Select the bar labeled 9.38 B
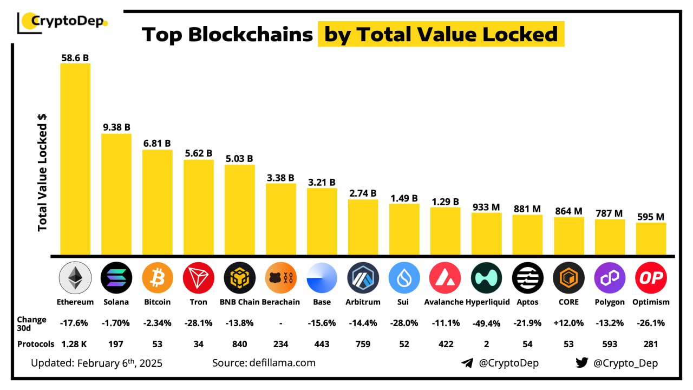(116, 194)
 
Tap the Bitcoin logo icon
(157, 277)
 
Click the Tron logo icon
(198, 277)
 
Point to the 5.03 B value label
(239, 159)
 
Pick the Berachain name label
(280, 302)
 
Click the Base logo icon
(322, 277)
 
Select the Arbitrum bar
(363, 227)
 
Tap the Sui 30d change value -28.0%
(404, 322)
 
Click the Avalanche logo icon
(445, 277)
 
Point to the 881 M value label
(527, 209)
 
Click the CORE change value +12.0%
(568, 322)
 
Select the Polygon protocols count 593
(610, 343)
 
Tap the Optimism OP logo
(651, 277)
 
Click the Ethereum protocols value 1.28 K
(75, 343)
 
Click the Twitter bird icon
(581, 362)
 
